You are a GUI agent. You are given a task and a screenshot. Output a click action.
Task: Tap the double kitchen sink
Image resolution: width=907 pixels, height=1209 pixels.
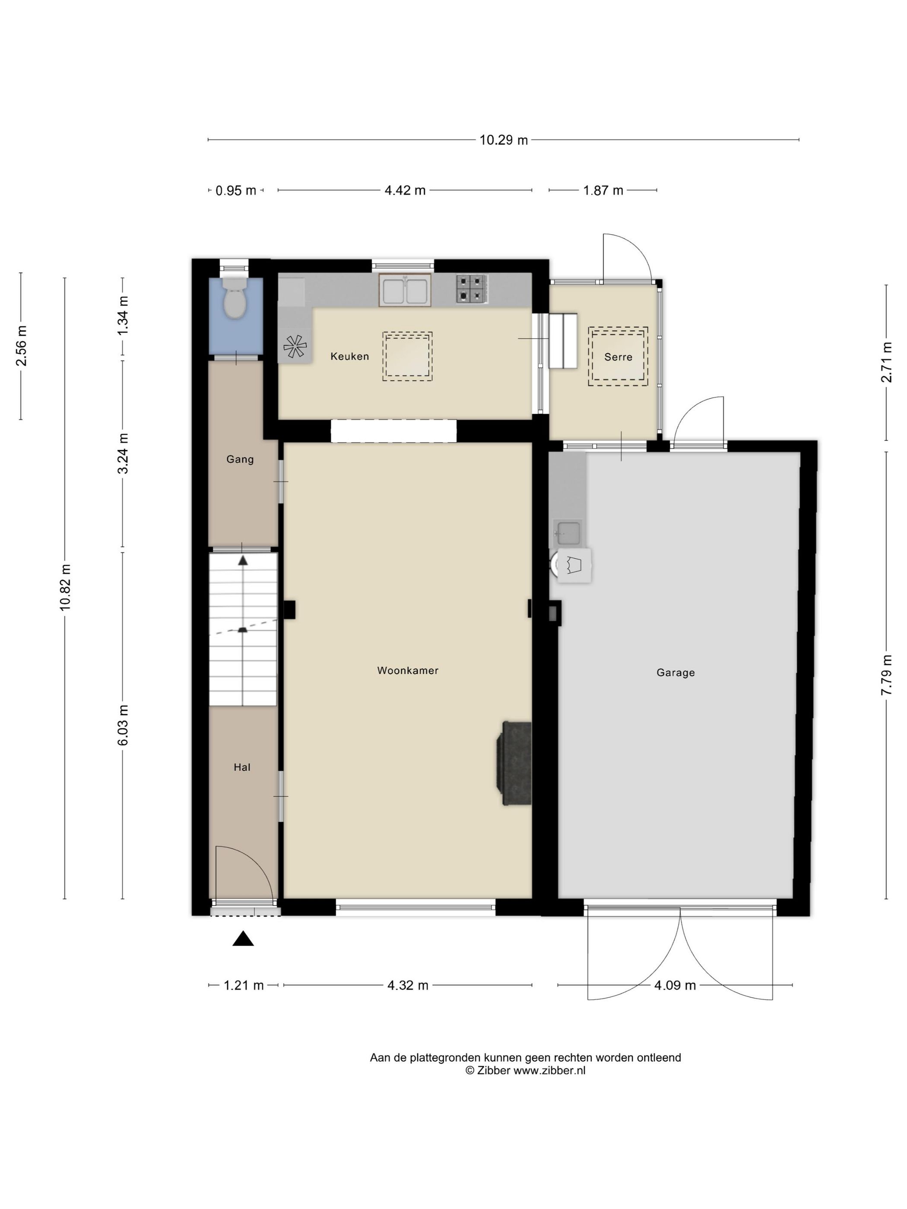[x=405, y=290]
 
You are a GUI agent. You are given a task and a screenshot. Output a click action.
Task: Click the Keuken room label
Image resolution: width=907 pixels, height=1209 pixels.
[x=349, y=356]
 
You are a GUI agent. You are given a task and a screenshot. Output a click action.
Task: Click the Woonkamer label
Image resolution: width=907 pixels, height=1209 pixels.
[x=407, y=671]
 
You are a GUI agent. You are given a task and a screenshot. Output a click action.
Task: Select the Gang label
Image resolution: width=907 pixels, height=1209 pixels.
[x=240, y=459]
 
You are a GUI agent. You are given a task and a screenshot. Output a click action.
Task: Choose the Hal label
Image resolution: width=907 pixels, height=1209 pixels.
[x=241, y=767]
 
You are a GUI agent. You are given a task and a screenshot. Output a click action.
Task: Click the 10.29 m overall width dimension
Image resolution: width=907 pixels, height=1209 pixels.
[x=504, y=140]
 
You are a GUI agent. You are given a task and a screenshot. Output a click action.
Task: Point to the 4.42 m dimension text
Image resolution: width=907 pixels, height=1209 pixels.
[x=405, y=190]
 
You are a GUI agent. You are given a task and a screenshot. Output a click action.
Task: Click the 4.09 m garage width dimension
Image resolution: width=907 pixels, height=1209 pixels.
[x=675, y=985]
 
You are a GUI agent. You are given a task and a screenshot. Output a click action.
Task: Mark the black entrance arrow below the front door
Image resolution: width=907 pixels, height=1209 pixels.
[x=243, y=939]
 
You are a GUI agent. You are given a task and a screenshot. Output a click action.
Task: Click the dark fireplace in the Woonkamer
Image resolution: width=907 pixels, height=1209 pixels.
[x=514, y=763]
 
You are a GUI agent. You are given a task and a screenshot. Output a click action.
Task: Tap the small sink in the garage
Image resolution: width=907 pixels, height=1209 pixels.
[x=567, y=533]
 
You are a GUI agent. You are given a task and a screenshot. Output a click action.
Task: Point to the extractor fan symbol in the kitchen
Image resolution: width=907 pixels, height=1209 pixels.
[x=295, y=346]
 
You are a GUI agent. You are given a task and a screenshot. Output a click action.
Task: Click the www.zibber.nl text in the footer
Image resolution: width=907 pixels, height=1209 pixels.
[x=549, y=1071]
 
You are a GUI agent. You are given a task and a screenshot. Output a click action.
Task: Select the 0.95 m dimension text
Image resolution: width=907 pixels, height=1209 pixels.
[x=236, y=191]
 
